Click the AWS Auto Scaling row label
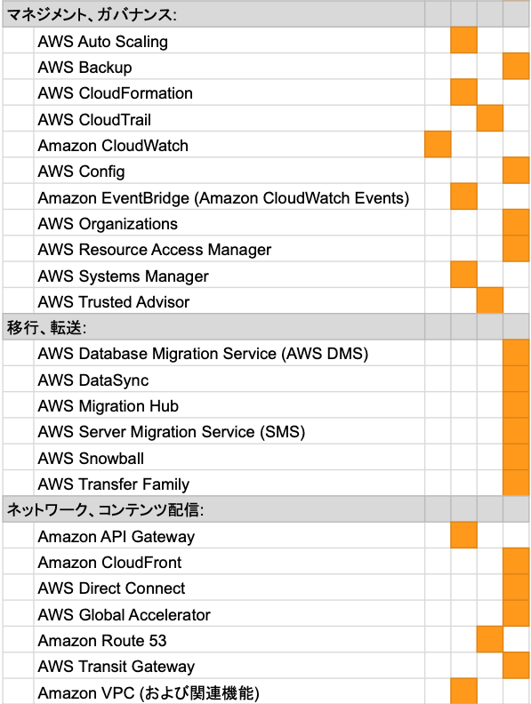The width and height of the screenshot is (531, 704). tap(103, 41)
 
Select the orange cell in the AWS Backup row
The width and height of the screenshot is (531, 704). tap(516, 66)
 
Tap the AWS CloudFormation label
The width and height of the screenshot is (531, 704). tap(115, 93)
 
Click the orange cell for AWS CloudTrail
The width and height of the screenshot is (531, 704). tap(490, 118)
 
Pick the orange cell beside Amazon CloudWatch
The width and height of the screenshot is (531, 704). tap(438, 144)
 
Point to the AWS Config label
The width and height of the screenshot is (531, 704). tap(81, 172)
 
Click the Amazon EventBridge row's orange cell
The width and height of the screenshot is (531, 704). tap(463, 196)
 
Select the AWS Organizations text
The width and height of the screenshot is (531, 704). tap(108, 224)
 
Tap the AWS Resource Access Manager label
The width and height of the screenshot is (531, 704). tap(155, 250)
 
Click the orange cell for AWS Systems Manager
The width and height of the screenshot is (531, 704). tap(463, 275)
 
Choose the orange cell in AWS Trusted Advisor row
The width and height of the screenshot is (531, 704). tap(490, 300)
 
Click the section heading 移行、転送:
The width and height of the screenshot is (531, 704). tap(46, 327)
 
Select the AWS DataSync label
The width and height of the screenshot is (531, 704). tap(93, 380)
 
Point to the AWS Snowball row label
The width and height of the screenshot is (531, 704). tap(91, 458)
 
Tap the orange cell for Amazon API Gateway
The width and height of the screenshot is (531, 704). tap(463, 535)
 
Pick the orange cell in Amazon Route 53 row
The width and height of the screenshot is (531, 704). tap(490, 639)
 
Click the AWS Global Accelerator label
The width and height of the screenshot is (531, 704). tap(124, 614)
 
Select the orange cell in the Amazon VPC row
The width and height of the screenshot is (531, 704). tap(463, 691)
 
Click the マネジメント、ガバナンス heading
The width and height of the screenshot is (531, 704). tap(92, 15)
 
